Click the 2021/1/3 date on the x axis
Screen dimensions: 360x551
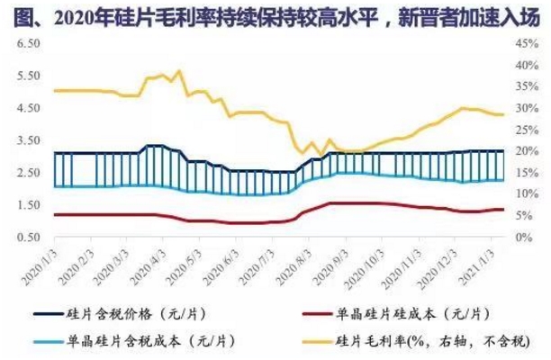click(x=487, y=262)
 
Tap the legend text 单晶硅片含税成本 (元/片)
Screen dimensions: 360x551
click(x=152, y=342)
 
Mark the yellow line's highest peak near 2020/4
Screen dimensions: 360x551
click(x=178, y=70)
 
